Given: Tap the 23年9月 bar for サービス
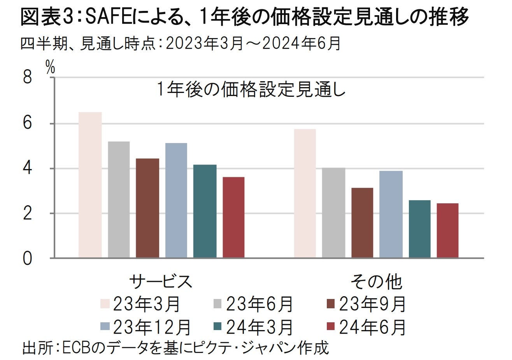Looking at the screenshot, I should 147,208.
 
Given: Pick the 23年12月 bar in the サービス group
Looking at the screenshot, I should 176,200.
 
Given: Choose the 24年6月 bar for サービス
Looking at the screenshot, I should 233,217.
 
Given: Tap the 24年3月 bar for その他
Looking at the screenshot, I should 420,229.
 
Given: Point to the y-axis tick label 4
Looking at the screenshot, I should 27,169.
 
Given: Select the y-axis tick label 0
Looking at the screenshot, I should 27,259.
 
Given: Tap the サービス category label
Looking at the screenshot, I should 161,281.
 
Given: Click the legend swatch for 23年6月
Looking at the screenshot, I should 218,303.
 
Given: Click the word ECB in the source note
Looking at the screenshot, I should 75,347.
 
